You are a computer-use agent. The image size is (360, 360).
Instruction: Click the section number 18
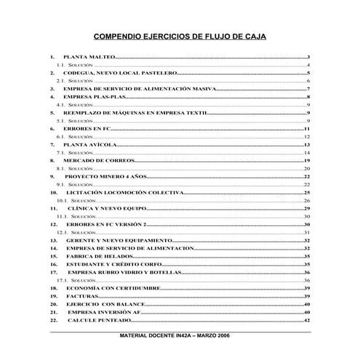(x=54, y=289)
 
